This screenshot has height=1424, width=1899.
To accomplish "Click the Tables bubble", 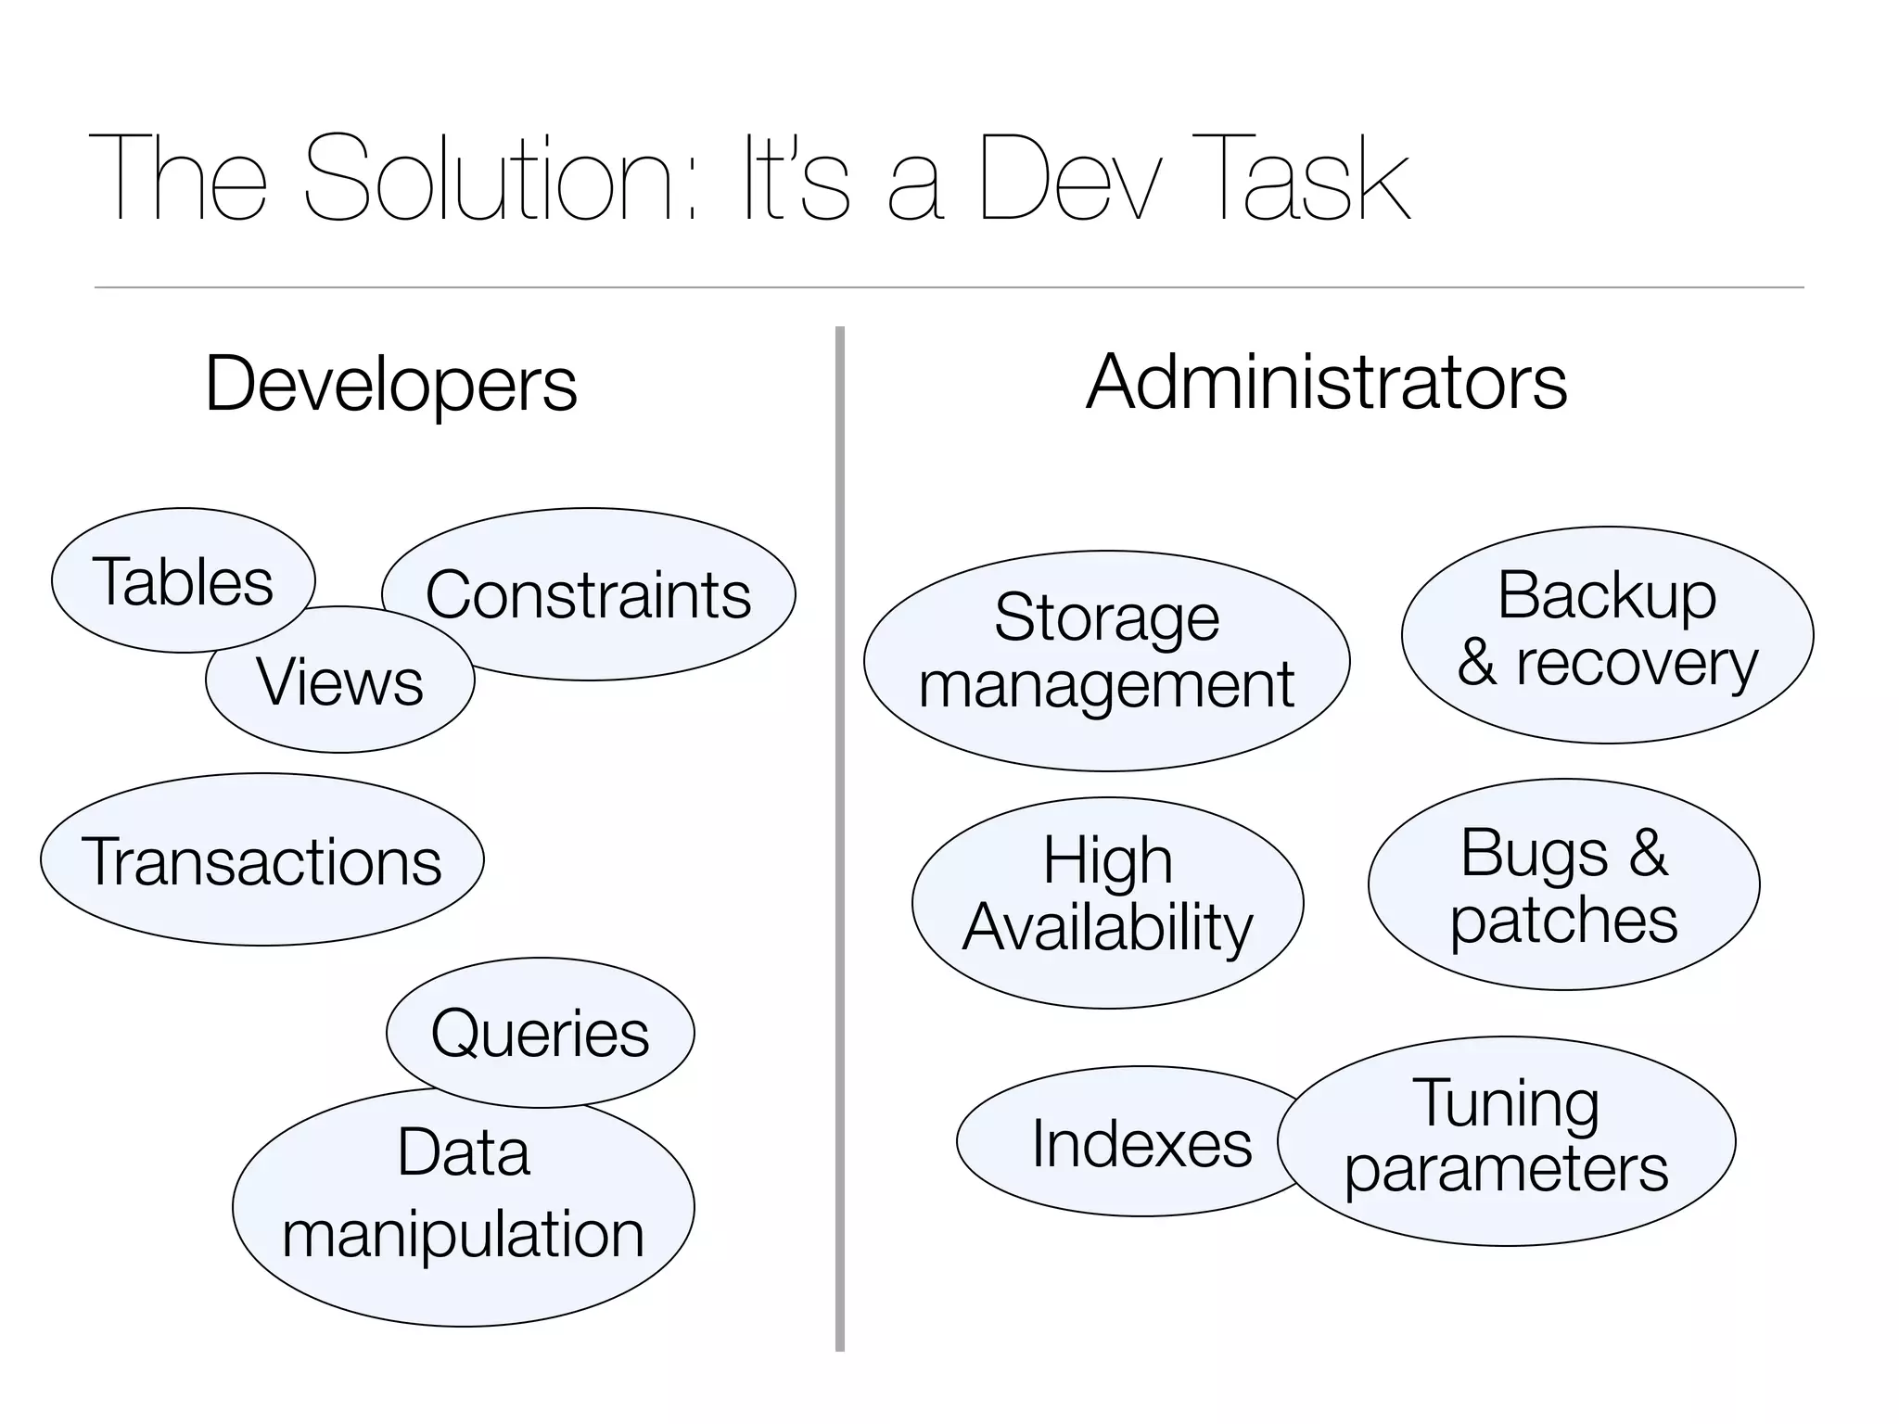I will [x=183, y=581].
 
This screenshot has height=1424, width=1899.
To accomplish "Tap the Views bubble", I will [x=340, y=681].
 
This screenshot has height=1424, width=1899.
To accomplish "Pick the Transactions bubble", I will [x=261, y=860].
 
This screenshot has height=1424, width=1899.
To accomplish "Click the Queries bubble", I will [x=540, y=1033].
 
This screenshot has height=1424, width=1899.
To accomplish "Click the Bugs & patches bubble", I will [x=1563, y=884].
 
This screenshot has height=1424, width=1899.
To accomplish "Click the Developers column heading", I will [x=390, y=383].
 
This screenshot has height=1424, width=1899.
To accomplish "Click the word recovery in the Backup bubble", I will [x=1637, y=665].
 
